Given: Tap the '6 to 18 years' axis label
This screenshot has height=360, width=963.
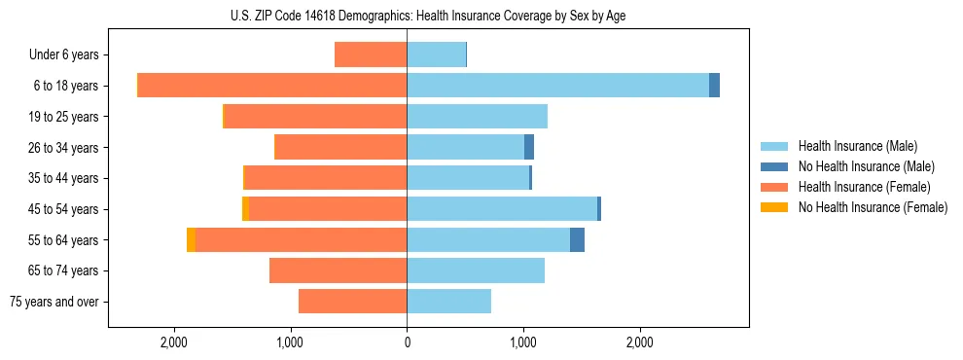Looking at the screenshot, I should [65, 86].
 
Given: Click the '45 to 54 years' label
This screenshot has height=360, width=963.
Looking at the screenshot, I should [62, 209].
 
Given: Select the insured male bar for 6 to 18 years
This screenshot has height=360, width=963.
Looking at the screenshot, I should [557, 86].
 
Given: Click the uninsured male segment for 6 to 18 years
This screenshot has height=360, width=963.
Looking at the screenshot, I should [714, 86].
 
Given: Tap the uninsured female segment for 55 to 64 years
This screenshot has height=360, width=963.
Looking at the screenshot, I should [191, 240].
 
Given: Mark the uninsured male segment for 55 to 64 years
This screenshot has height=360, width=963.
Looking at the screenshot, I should [577, 240].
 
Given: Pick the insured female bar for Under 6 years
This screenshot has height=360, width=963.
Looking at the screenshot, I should [371, 54].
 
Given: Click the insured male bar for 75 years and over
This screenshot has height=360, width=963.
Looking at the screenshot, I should [448, 302].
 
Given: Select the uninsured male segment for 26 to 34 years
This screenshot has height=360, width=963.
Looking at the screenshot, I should [529, 147].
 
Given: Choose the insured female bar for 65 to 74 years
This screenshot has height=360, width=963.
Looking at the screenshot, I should [338, 270].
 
